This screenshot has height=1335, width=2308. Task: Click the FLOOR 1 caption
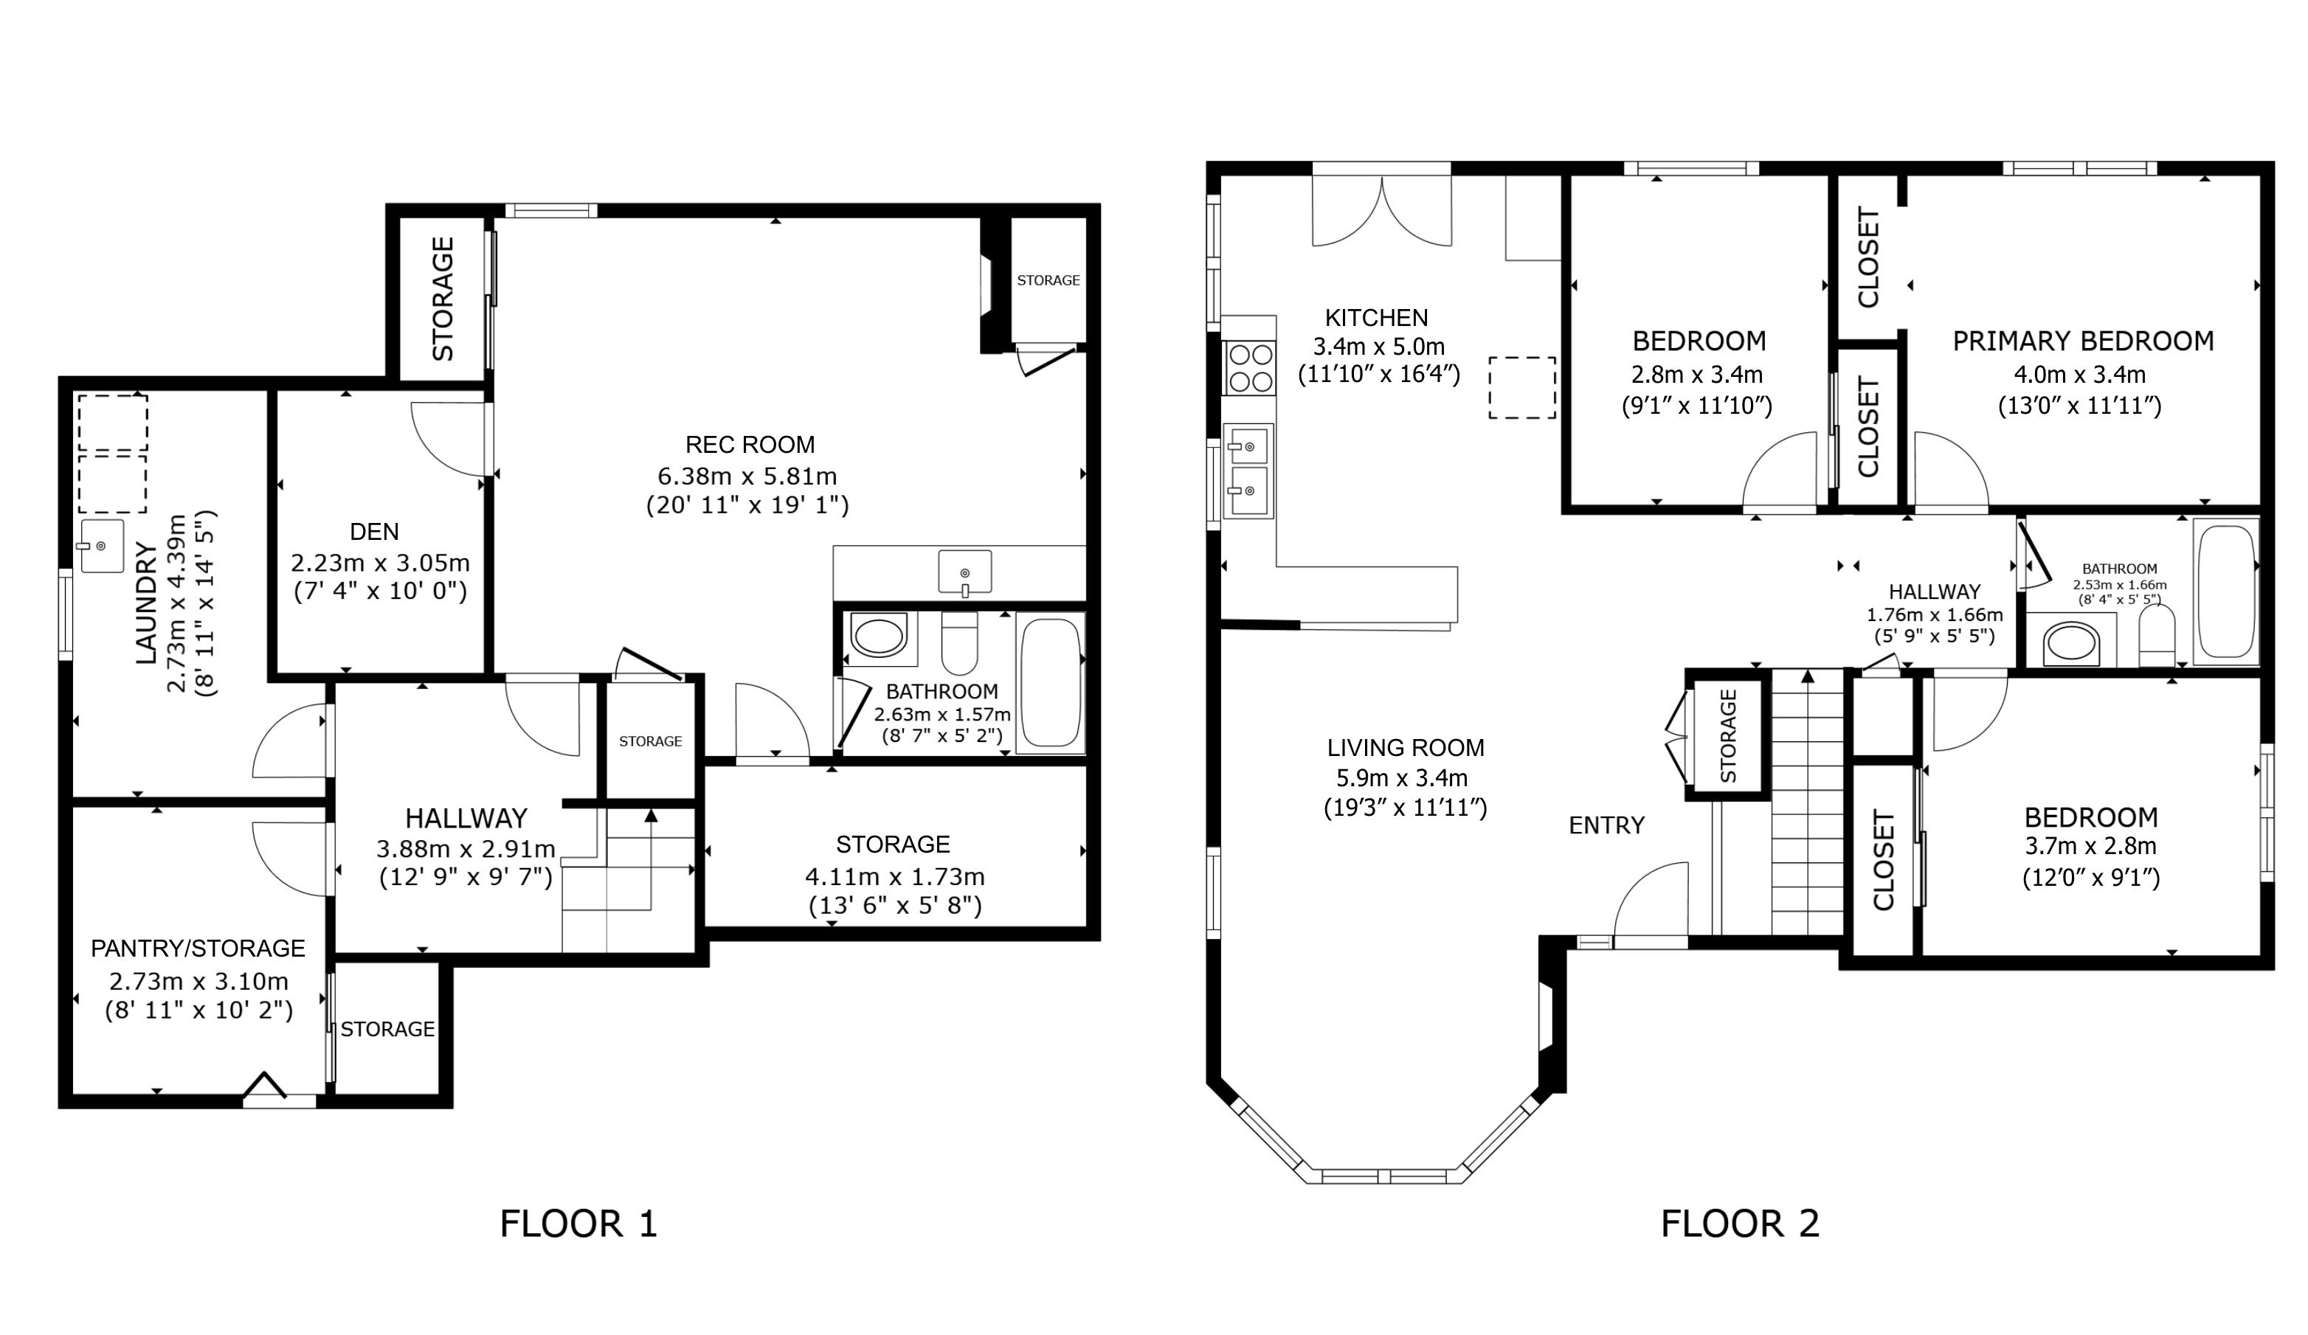tap(578, 1224)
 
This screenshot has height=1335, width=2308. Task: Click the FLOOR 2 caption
tap(1740, 1224)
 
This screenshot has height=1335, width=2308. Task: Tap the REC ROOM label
tap(750, 445)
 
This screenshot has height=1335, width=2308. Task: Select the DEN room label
tap(375, 531)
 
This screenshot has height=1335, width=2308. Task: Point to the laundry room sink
tap(102, 546)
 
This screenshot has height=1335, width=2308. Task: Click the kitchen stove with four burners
tap(1249, 367)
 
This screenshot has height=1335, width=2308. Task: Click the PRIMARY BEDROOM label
tap(2084, 341)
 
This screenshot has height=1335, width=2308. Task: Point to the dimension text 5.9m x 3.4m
tap(1402, 778)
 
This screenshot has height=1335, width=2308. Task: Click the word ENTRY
tap(1606, 826)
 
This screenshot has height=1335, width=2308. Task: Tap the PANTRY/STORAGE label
tap(198, 949)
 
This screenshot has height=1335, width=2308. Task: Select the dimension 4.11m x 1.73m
tap(895, 877)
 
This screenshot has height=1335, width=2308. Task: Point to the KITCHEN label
tap(1377, 318)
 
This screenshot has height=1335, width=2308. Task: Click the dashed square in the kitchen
tap(1522, 388)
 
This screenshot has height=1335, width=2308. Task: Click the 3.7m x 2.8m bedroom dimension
tap(2090, 846)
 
